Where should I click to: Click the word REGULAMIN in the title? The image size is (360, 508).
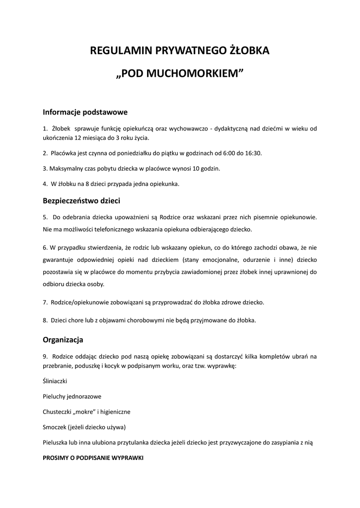(121, 51)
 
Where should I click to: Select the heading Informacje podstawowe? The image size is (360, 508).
(85, 112)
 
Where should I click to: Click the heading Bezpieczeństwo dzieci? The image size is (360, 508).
(81, 201)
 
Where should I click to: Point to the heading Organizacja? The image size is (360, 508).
(63, 340)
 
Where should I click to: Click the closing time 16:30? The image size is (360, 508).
(253, 153)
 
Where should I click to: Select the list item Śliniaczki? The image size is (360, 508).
(55, 381)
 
